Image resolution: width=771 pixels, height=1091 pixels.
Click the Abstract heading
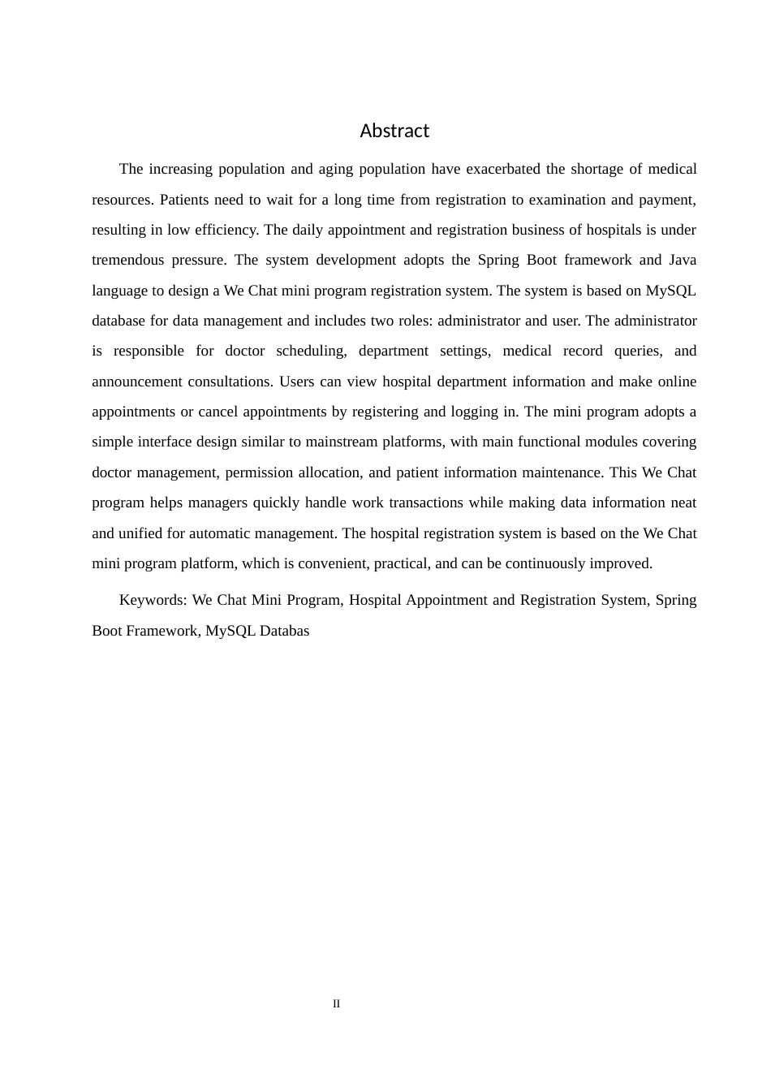pos(394,131)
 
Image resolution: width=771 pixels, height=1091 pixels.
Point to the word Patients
pos(185,200)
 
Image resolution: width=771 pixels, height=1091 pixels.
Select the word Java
pos(683,260)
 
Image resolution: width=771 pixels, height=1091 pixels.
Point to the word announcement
pos(136,382)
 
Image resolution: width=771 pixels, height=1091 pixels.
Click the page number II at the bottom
pos(336,1004)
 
